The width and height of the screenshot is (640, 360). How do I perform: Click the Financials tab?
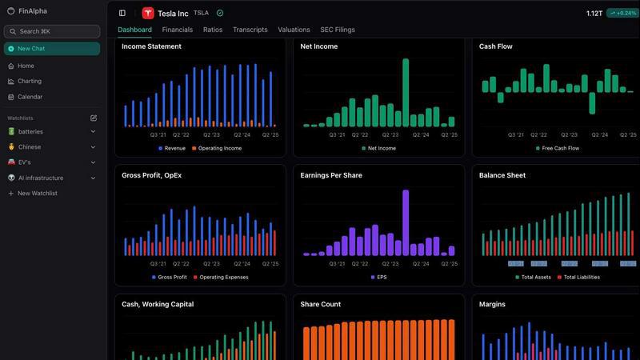click(177, 30)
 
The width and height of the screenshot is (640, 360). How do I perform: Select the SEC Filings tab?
click(337, 30)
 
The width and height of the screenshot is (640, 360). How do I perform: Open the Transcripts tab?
click(250, 30)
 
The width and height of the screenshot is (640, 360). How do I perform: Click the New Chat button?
click(52, 49)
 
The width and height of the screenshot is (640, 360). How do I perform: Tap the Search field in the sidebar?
click(52, 31)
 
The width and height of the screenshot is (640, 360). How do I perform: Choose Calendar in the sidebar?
click(30, 97)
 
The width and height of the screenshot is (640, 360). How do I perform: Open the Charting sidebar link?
click(30, 81)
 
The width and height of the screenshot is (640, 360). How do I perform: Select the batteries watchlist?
click(30, 131)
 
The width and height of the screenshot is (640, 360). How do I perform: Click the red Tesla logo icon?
click(148, 13)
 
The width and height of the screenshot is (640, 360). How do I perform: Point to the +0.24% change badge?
click(622, 13)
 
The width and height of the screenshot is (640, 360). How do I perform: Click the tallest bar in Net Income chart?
click(406, 92)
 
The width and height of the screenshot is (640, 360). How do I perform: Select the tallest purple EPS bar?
click(406, 222)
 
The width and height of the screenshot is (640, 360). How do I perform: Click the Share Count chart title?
click(320, 304)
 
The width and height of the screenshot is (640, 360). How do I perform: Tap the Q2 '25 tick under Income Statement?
click(270, 134)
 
